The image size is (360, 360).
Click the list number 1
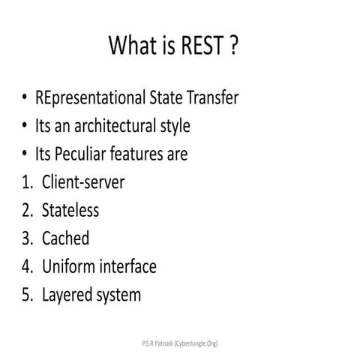(27, 182)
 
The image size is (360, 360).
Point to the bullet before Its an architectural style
(25, 126)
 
